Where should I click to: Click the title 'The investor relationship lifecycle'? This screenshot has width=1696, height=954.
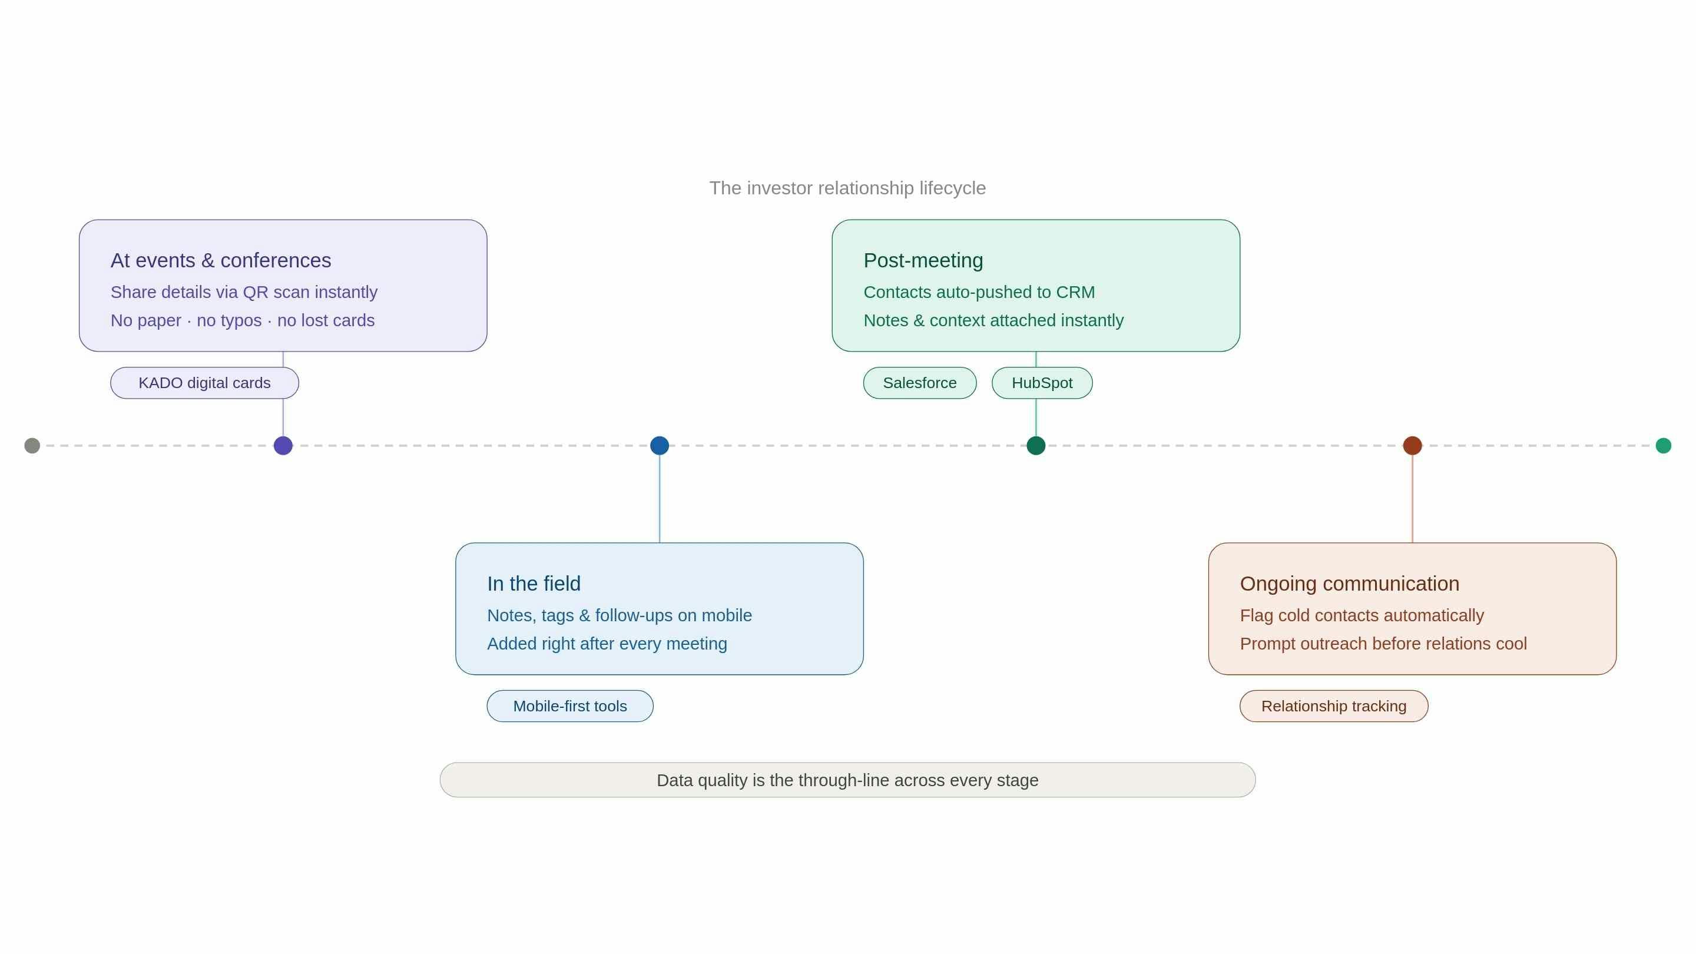pyautogui.click(x=847, y=188)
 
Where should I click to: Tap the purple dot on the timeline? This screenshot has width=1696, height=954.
pyautogui.click(x=283, y=446)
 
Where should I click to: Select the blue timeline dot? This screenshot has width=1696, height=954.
pyautogui.click(x=659, y=446)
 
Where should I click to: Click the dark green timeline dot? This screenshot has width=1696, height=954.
pyautogui.click(x=1036, y=446)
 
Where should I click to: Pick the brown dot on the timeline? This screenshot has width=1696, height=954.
pyautogui.click(x=1412, y=446)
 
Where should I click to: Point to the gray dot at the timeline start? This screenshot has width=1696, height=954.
pyautogui.click(x=32, y=446)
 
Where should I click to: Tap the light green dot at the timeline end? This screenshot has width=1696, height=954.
pyautogui.click(x=1663, y=446)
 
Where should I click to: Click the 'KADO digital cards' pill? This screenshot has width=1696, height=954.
pyautogui.click(x=204, y=383)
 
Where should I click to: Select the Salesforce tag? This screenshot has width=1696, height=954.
pyautogui.click(x=919, y=383)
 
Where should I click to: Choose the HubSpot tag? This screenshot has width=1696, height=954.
pyautogui.click(x=1042, y=383)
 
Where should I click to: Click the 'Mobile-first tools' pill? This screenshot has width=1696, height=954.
pyautogui.click(x=569, y=706)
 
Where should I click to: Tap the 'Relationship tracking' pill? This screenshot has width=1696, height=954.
pyautogui.click(x=1333, y=706)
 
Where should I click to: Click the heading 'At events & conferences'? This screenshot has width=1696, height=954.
pyautogui.click(x=221, y=260)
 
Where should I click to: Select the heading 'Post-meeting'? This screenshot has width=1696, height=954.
pyautogui.click(x=923, y=260)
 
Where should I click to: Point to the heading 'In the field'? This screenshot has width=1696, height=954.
pyautogui.click(x=534, y=584)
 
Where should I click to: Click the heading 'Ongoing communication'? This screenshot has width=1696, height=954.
pyautogui.click(x=1349, y=584)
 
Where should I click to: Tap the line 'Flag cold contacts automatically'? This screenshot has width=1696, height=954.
pyautogui.click(x=1362, y=615)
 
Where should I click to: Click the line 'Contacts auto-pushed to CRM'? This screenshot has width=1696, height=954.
pyautogui.click(x=978, y=291)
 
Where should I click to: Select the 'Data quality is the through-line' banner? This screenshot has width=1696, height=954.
pyautogui.click(x=847, y=780)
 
